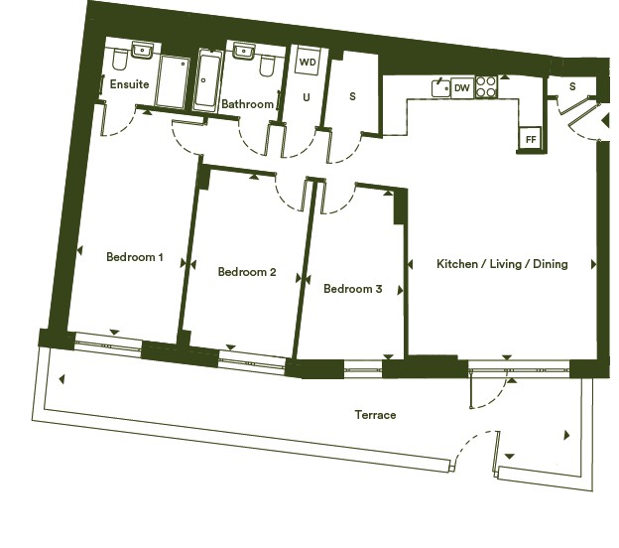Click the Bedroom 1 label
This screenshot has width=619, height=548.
point(134,257)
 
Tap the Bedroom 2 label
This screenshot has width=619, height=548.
point(247,272)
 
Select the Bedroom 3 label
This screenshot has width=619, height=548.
point(352,289)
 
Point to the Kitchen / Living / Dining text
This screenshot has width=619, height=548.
point(502,264)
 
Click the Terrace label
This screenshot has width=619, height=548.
point(375,415)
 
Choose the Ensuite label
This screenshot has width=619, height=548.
point(129,84)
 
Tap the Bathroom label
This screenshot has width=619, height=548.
point(248,104)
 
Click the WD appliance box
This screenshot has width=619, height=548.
point(308,62)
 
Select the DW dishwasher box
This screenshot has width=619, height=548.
point(462,87)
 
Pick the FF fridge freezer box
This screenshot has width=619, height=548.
point(531,139)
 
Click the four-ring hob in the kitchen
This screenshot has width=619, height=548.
point(486,87)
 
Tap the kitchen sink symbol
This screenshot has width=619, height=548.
point(440,87)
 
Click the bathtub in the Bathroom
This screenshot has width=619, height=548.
point(207,79)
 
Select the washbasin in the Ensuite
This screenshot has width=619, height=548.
point(143,51)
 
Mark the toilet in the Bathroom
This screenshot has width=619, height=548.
point(267,66)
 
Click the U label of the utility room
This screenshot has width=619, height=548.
point(307,97)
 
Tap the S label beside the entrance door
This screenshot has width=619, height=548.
point(572,86)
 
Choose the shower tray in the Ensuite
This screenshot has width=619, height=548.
point(173,82)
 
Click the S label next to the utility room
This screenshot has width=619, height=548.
point(352,96)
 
